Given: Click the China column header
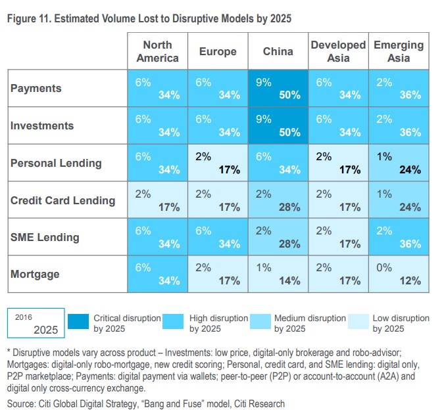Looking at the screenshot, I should pos(278,51).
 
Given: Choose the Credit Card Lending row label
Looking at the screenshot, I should pos(62,200).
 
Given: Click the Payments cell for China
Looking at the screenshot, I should pos(278,89).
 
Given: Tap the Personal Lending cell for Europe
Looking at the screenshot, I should pos(218,163).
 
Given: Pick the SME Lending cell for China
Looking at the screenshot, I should pos(278,237).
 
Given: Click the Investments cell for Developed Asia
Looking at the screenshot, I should pos(339,125).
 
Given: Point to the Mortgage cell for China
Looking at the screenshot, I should pos(278,275).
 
